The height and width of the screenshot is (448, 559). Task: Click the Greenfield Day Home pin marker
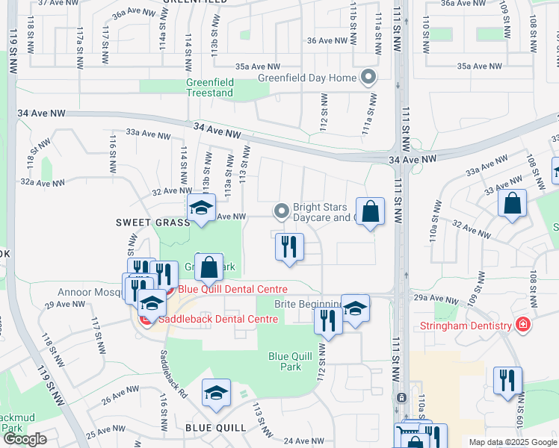(368, 76)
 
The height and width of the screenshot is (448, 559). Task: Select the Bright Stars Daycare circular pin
(281, 212)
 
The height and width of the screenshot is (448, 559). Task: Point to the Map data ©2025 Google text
(512, 442)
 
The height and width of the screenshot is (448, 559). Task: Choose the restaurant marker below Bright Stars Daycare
(289, 247)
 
